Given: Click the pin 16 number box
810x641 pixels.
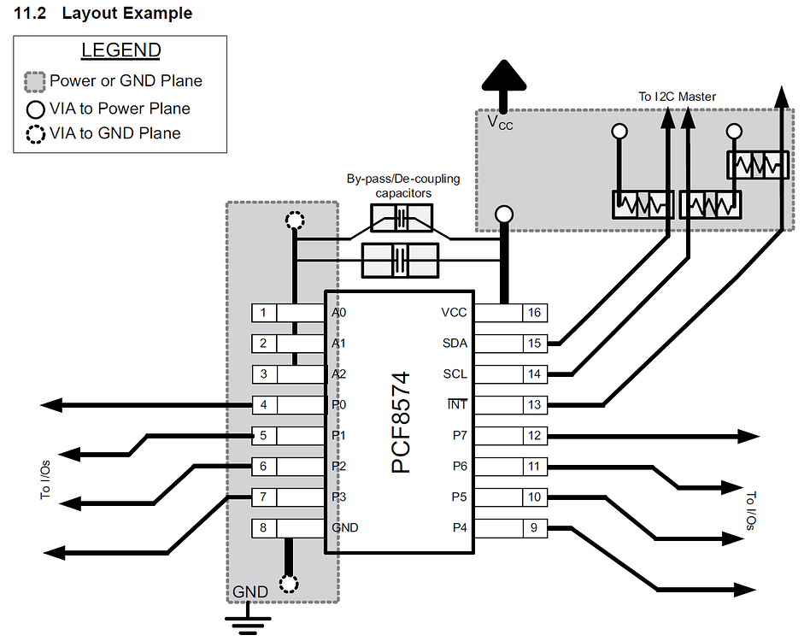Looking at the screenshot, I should (x=534, y=313).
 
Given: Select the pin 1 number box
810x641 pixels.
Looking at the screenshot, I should (x=264, y=313).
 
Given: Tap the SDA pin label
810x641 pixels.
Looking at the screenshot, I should (x=455, y=344).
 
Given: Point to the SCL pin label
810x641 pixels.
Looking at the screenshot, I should (x=455, y=374).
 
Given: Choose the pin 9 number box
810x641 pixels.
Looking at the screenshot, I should (x=534, y=528).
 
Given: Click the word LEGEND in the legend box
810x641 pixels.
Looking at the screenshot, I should (x=120, y=50).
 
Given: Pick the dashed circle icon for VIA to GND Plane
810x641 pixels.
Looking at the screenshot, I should (x=36, y=134).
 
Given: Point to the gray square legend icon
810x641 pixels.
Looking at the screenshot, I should (x=35, y=82).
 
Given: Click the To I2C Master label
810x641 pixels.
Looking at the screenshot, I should (x=677, y=97).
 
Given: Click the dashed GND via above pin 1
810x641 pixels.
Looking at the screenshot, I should (x=294, y=221).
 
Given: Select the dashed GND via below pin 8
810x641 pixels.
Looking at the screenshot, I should (x=290, y=585).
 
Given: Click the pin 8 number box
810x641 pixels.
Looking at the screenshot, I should (x=264, y=528).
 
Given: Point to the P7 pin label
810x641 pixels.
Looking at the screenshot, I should (x=460, y=436).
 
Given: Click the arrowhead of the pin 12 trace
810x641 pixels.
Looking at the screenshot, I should (x=749, y=436).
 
